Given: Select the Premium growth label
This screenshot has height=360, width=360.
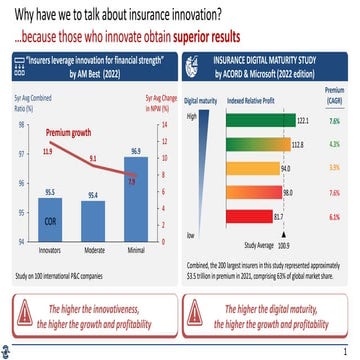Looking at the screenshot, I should (68, 132).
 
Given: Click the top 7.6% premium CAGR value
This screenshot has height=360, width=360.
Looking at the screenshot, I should (334, 120).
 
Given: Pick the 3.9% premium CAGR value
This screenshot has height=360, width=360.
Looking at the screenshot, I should (334, 168).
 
